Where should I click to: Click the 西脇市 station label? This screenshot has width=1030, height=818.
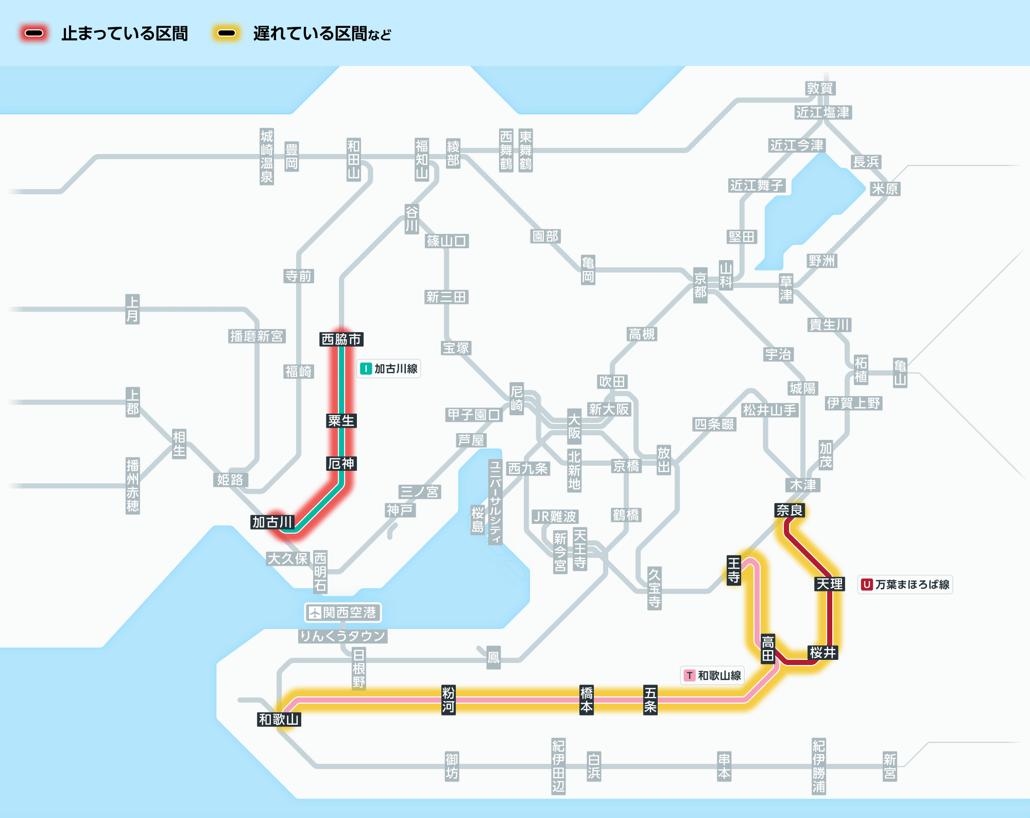(x=341, y=339)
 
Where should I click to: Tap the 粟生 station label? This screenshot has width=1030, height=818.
(x=341, y=421)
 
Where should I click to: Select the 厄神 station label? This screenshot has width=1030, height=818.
(x=341, y=464)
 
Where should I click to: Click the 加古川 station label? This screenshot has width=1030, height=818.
(x=272, y=522)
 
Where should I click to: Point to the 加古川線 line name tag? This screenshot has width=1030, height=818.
(x=389, y=369)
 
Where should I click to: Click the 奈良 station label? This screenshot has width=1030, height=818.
(x=789, y=510)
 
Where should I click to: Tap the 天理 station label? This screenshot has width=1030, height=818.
(x=830, y=584)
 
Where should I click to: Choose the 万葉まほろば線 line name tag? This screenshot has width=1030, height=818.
(x=905, y=585)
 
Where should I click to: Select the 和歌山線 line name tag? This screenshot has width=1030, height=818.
(x=712, y=675)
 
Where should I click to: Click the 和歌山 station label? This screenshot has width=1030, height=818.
(x=279, y=719)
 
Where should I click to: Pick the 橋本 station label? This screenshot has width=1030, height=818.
(x=587, y=700)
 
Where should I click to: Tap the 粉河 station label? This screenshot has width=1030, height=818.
(x=449, y=700)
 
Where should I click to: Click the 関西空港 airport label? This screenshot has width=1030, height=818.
(x=343, y=612)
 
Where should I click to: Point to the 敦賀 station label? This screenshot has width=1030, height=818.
(x=820, y=88)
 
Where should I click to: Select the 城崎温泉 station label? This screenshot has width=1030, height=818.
(x=267, y=157)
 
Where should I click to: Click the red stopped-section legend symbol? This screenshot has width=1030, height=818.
(x=34, y=33)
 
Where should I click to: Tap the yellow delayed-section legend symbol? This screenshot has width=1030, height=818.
(x=227, y=33)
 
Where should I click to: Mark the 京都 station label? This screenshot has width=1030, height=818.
(x=700, y=285)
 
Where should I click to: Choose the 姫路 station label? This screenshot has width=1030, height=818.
(x=230, y=480)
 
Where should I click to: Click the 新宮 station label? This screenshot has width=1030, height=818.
(x=890, y=766)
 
